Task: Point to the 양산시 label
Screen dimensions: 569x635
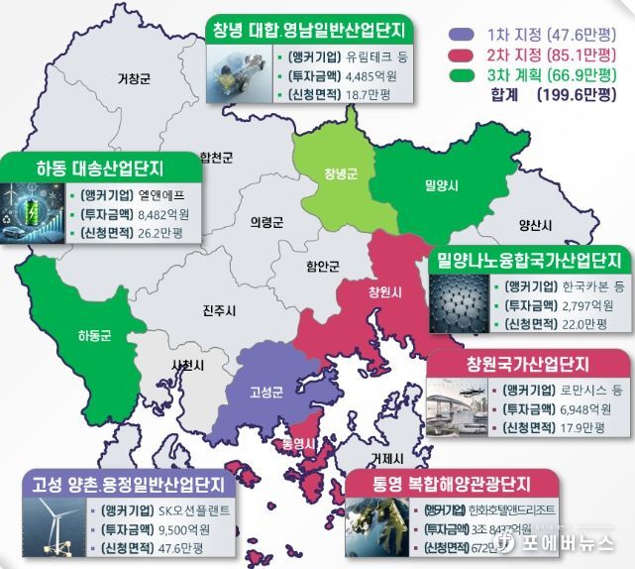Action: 547,224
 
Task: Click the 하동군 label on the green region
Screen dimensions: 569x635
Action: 95,335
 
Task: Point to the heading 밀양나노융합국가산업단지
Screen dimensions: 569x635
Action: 528,261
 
